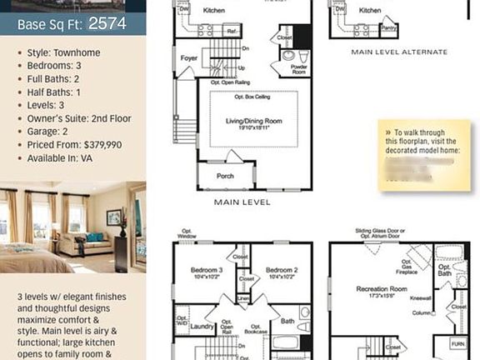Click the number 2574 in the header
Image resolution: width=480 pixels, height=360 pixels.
click(x=107, y=23)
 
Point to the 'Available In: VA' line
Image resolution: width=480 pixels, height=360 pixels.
click(x=59, y=158)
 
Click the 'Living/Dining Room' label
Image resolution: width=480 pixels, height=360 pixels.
click(x=253, y=121)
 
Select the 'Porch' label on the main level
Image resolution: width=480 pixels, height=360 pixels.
click(x=225, y=176)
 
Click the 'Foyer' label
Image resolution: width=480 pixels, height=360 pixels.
click(x=188, y=58)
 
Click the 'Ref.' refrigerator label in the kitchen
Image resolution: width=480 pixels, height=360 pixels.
click(x=232, y=30)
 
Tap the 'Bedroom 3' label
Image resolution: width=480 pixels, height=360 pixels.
click(x=207, y=270)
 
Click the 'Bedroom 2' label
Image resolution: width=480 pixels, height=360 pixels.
click(x=282, y=270)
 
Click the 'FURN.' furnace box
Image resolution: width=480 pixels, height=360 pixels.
click(x=457, y=342)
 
